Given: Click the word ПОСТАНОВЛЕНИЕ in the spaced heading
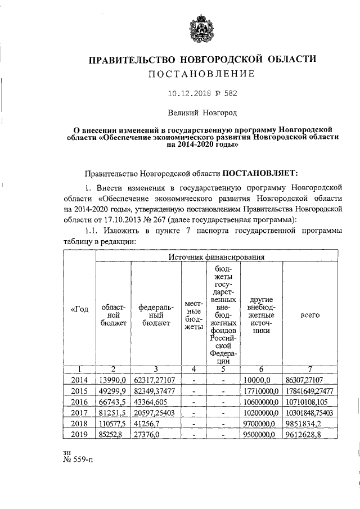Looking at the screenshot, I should (202, 74).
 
